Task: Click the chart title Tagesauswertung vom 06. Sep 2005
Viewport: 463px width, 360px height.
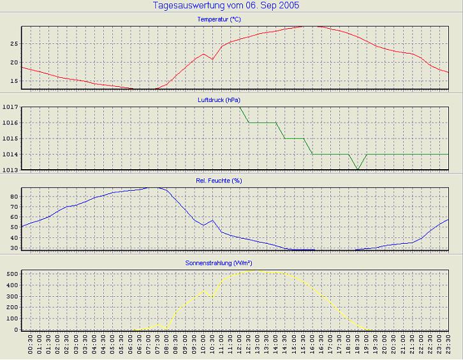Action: [x=226, y=6]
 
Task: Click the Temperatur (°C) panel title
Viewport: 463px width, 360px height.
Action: [x=226, y=19]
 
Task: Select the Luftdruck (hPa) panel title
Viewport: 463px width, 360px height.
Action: [x=226, y=100]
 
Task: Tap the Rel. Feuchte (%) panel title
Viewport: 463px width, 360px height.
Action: [x=226, y=181]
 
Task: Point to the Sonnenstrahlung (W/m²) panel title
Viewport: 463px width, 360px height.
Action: [x=226, y=262]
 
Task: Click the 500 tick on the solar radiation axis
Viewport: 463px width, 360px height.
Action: [x=10, y=274]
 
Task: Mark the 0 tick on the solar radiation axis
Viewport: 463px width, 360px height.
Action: [x=15, y=330]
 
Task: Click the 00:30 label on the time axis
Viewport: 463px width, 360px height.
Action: [x=31, y=347]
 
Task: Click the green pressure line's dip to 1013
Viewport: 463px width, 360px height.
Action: [x=358, y=169]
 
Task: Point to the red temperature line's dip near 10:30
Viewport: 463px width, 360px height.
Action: [x=212, y=59]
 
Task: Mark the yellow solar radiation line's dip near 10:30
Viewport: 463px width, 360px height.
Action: [x=212, y=296]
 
